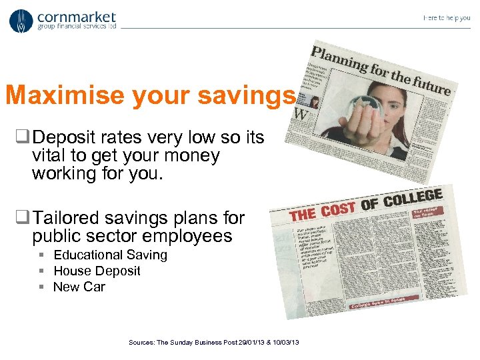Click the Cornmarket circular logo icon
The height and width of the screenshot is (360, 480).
21,21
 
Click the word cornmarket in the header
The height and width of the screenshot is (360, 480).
76,16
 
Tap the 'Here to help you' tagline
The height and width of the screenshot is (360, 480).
446,18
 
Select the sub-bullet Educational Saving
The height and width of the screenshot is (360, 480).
110,255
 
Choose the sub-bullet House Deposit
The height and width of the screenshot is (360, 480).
97,271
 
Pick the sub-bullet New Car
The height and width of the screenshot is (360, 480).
79,287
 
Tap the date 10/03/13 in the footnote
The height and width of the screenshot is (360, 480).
285,342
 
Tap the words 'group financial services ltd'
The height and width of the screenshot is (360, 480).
77,27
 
